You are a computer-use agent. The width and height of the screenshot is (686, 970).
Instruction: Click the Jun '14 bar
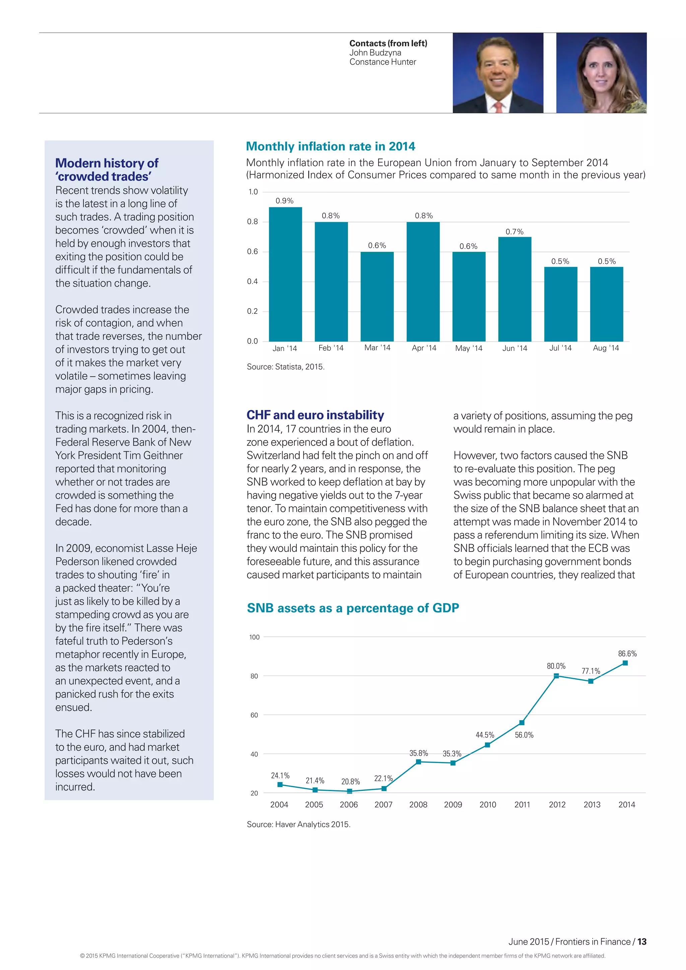click(x=514, y=289)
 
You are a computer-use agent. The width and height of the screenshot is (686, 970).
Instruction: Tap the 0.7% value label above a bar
click(x=514, y=231)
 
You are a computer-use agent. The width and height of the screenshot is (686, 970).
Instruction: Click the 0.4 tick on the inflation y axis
click(x=252, y=281)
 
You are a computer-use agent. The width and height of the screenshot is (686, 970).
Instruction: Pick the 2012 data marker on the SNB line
click(x=556, y=676)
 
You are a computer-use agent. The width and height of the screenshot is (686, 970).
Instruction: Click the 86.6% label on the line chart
click(x=627, y=653)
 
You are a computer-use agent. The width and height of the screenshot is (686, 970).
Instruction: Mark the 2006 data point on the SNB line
click(x=349, y=791)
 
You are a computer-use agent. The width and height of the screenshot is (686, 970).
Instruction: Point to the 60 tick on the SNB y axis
click(x=254, y=715)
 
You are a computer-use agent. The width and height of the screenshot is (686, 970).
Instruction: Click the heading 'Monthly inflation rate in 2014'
click(x=330, y=146)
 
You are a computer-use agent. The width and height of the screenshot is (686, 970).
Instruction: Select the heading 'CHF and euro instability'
click(x=315, y=415)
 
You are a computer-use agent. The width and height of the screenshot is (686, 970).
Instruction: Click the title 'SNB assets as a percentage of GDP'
click(x=353, y=608)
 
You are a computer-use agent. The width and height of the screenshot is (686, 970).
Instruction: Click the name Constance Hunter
click(x=383, y=62)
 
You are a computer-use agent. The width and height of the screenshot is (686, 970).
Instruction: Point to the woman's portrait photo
click(x=601, y=73)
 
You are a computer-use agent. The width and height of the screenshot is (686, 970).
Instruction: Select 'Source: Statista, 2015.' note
click(x=285, y=367)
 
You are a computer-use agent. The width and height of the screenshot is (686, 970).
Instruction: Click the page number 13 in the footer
click(x=642, y=942)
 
